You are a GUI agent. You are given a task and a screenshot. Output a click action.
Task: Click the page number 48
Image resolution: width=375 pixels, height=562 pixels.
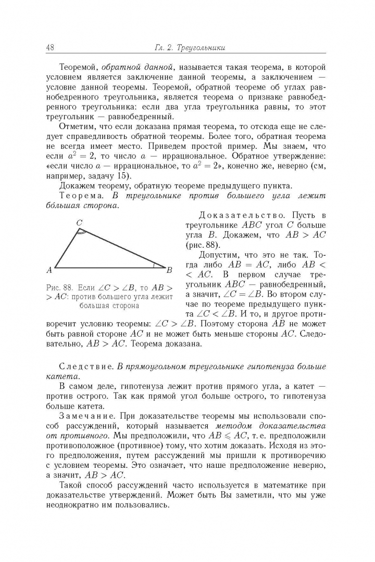click(51, 47)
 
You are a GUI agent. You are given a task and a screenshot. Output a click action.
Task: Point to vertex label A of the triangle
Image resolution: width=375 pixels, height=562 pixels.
click(49, 270)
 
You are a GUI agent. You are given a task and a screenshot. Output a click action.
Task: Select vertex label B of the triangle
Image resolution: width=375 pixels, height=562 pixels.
click(169, 270)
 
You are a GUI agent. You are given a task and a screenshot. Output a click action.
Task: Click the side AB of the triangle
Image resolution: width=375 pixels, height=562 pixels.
click(109, 268)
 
